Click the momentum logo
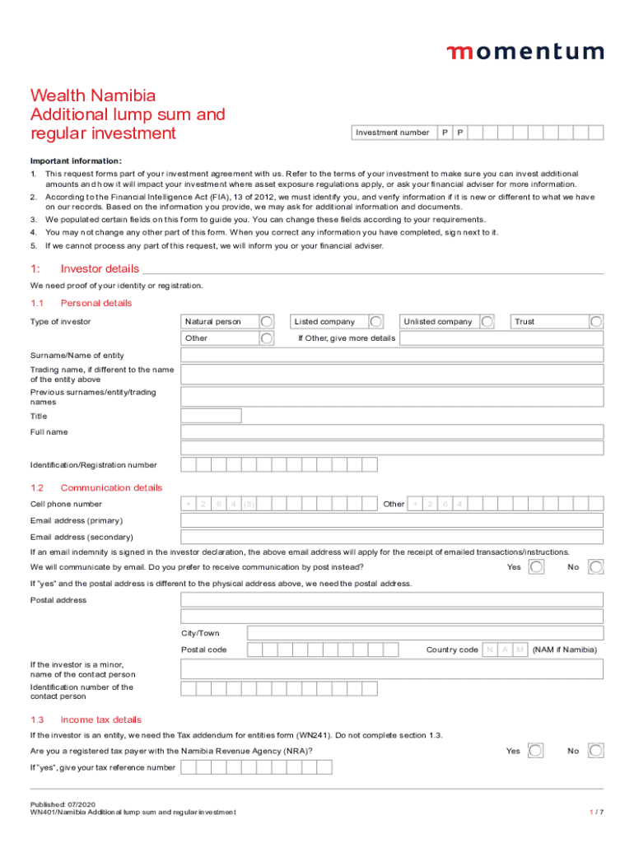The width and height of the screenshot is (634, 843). coord(524,52)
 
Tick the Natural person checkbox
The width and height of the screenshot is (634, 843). coord(267,322)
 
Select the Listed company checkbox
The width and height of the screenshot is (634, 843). coord(375,322)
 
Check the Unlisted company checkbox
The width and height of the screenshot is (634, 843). coord(487,322)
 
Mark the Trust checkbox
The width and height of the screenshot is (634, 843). coord(596,322)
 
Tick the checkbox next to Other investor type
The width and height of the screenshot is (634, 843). coord(267,338)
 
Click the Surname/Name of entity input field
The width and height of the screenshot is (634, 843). coord(392,356)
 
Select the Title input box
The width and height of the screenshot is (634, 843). coord(211,416)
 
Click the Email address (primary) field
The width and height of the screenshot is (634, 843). coord(392,521)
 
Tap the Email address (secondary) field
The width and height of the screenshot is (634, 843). coord(392,538)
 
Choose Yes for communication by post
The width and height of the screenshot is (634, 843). coord(536,567)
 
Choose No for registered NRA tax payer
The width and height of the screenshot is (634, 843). coord(596,751)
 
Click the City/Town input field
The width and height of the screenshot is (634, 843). coord(425,633)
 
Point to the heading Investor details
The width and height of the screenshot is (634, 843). coord(100,269)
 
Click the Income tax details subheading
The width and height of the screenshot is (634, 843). coord(101,720)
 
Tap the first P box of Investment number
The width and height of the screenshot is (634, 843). coord(445,133)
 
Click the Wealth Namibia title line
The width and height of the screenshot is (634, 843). coord(93,95)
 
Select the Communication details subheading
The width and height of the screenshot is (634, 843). coord(111,487)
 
